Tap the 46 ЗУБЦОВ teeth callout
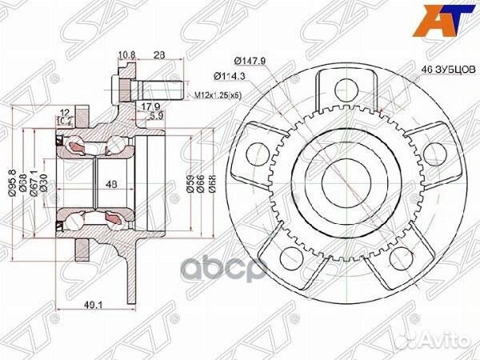(446, 70)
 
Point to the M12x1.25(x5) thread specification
(218, 96)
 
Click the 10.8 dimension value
(126, 55)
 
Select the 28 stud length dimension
(159, 55)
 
